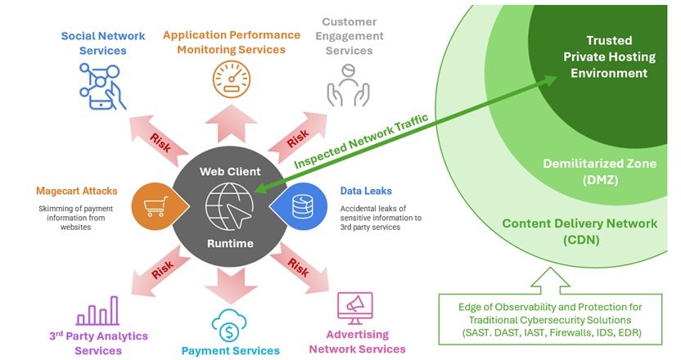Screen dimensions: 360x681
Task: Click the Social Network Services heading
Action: pos(104,43)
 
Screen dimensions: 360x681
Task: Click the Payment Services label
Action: pos(230,350)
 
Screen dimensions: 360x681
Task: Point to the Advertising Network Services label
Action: pos(357,342)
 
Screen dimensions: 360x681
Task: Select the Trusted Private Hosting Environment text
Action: pos(609,56)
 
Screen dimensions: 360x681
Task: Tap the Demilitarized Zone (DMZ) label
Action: pos(599,171)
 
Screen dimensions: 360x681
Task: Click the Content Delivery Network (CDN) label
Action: pos(579,231)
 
